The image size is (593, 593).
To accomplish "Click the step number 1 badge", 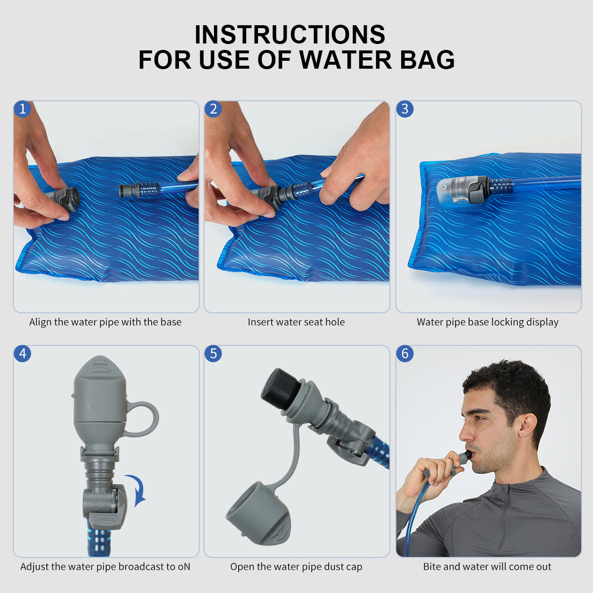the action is click(22, 109).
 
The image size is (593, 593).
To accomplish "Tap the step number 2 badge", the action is click(213, 109).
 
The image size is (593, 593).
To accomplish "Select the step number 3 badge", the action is click(405, 109).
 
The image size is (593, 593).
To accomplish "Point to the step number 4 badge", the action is click(22, 354).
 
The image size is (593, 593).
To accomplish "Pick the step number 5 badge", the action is click(213, 354).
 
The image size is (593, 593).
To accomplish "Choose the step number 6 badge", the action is click(405, 354).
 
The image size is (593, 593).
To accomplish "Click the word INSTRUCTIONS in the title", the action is click(290, 35).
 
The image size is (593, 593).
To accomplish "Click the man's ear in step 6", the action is click(526, 428).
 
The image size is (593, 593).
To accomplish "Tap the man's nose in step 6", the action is click(465, 434).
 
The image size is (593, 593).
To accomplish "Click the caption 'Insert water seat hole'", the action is click(296, 322).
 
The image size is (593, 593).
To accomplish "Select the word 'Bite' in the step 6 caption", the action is click(433, 566).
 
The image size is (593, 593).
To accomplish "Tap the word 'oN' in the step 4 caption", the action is click(184, 566).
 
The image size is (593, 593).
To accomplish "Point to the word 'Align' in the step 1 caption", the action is click(41, 322).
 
